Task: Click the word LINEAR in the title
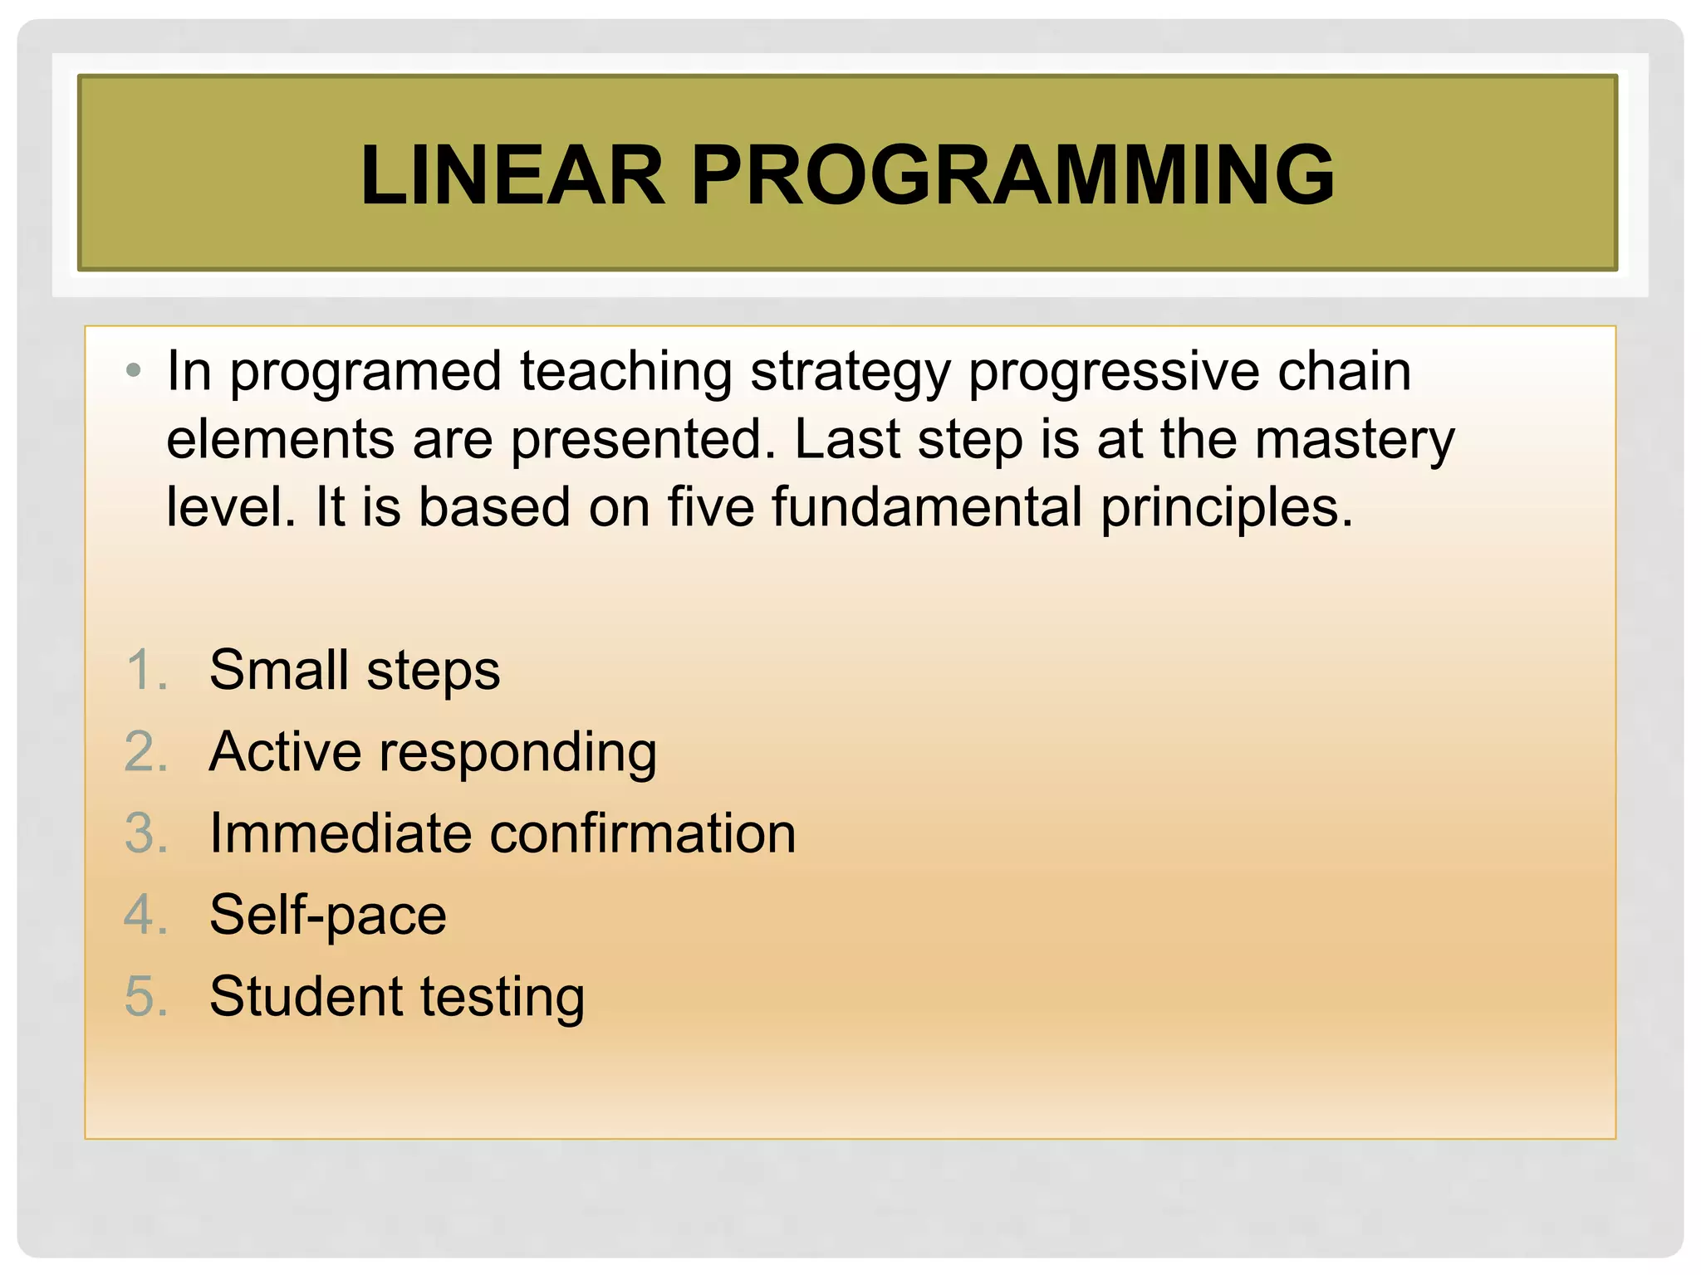[512, 175]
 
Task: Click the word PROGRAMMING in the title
[1012, 175]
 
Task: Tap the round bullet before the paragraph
[134, 370]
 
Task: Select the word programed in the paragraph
[365, 372]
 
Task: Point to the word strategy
[850, 372]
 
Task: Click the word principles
[1226, 508]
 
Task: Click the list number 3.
[146, 833]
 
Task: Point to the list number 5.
[146, 996]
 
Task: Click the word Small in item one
[278, 670]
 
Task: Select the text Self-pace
[328, 916]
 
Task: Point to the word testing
[502, 998]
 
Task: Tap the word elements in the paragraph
[280, 440]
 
